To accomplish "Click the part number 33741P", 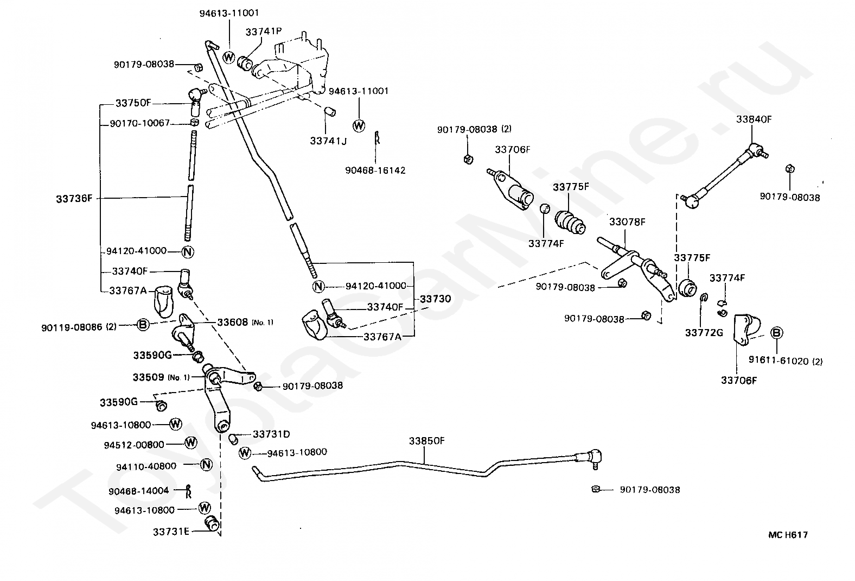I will (x=263, y=32).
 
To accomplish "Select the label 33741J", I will (x=328, y=141).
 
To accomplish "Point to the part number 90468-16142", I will (x=375, y=170).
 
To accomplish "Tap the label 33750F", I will (x=133, y=103).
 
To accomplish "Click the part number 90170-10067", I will (x=140, y=123).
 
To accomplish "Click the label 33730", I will (x=435, y=299).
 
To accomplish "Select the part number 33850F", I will (x=426, y=441).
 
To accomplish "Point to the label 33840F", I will (x=754, y=119).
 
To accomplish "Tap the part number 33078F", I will (x=627, y=222).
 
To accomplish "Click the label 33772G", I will (x=704, y=332).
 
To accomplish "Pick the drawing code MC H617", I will (x=788, y=535).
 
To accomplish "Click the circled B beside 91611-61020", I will (x=776, y=333).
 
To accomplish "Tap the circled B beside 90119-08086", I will (x=142, y=325).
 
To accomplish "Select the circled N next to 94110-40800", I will (x=206, y=465).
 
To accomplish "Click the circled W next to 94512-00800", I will (x=190, y=443).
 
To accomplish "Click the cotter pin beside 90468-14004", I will (x=188, y=491).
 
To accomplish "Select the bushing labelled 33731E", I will (x=212, y=523).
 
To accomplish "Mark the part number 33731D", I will (x=271, y=434).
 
